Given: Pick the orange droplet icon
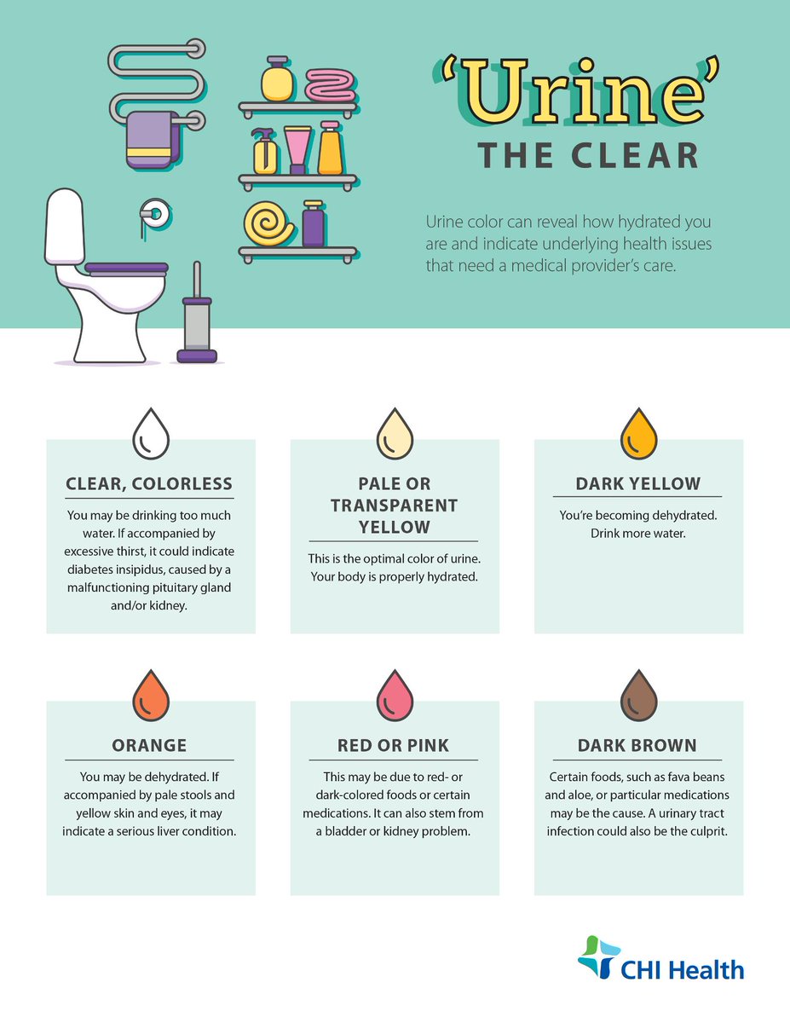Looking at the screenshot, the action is click(x=151, y=696).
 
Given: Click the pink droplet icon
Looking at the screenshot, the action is click(x=395, y=696).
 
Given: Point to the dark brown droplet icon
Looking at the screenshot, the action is click(x=638, y=696).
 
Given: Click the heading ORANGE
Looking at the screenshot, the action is click(x=149, y=745).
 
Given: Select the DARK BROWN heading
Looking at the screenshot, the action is click(x=637, y=745).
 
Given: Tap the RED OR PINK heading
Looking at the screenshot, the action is click(x=394, y=745).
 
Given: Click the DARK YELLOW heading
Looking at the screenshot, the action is click(x=638, y=483).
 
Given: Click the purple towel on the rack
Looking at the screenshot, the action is click(x=152, y=140).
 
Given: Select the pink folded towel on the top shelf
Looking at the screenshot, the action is click(x=331, y=85).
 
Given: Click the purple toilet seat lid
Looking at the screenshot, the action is click(x=126, y=269).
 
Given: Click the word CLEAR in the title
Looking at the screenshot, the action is click(x=635, y=155).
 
